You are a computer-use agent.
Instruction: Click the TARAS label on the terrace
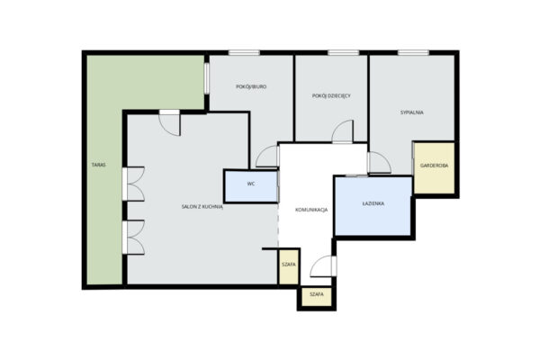[98, 165]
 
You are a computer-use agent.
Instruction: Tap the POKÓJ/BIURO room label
[251, 86]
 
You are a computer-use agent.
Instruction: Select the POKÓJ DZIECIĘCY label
[331, 95]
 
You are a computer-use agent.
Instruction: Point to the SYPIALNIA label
[412, 112]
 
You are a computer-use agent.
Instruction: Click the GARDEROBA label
[435, 166]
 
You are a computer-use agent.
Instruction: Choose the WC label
[251, 184]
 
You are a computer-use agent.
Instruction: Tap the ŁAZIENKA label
[373, 203]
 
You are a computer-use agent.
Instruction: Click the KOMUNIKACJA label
[311, 210]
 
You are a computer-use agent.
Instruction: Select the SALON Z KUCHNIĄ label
[202, 207]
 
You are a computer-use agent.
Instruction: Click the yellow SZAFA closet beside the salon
[289, 266]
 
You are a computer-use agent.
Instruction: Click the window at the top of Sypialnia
[413, 53]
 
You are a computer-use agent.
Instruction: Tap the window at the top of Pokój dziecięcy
[344, 53]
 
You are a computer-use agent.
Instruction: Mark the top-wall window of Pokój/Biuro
[244, 53]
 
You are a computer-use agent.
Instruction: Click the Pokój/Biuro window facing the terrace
[207, 78]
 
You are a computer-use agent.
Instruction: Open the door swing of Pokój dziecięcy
[343, 131]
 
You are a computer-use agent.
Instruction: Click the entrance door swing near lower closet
[323, 266]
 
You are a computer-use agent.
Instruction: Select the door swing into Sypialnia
[379, 163]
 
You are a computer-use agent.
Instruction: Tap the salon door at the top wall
[169, 123]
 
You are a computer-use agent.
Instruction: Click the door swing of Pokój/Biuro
[267, 157]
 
